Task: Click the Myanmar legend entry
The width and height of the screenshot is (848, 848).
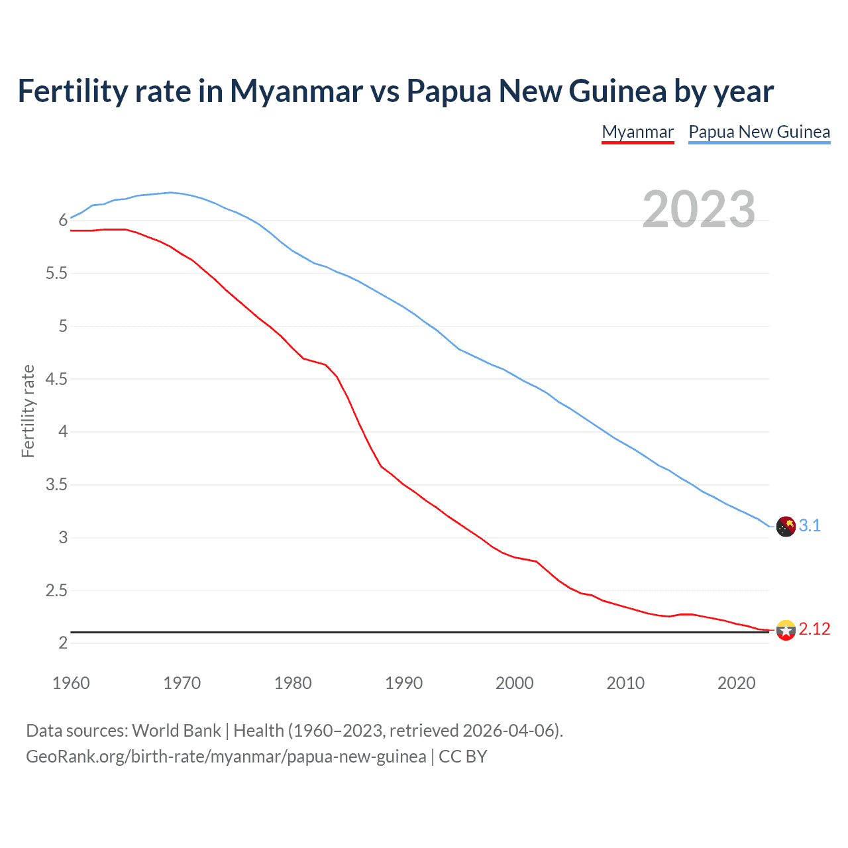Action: (x=637, y=132)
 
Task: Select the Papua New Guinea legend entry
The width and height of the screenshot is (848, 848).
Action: (x=759, y=132)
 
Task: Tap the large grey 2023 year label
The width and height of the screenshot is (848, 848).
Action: (x=699, y=209)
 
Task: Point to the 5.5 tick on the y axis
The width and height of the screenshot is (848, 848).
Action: (x=57, y=274)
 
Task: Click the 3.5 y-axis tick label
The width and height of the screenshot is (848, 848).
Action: (x=57, y=485)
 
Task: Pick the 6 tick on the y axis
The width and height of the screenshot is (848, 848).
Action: (x=63, y=221)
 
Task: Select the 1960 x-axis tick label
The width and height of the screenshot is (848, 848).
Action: (x=71, y=683)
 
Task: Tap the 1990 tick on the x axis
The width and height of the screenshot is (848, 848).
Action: (x=403, y=683)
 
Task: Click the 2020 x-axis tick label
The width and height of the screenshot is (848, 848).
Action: (x=736, y=683)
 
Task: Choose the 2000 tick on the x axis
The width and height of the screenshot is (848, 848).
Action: (x=514, y=683)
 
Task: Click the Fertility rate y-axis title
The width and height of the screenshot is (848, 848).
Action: (x=28, y=411)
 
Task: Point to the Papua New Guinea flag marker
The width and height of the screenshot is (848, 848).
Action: (x=786, y=527)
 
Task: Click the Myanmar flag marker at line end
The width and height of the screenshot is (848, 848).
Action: (x=786, y=630)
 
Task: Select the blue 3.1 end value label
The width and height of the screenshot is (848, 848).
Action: (x=810, y=526)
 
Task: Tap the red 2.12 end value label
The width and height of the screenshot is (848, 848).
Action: (x=814, y=629)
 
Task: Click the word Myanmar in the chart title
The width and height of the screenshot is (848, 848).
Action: (x=296, y=91)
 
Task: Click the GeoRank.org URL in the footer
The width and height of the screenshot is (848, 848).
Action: (x=226, y=757)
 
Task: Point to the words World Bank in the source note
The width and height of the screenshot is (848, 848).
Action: (x=176, y=731)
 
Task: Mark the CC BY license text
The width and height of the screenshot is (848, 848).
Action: (x=463, y=757)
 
